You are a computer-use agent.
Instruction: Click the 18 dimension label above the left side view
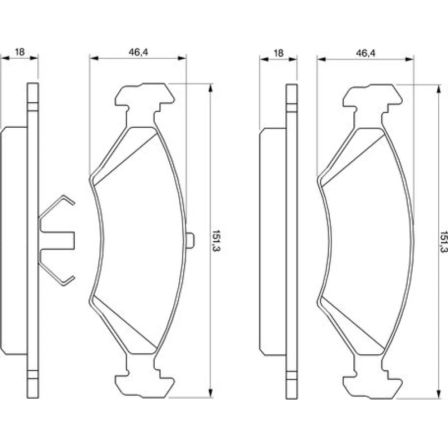(20, 52)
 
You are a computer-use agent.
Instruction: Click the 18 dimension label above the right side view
(279, 53)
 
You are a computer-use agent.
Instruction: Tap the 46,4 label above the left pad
(138, 52)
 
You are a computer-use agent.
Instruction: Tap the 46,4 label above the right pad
(366, 53)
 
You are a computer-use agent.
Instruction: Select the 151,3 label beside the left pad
(216, 240)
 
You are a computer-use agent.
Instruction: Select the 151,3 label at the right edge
(444, 242)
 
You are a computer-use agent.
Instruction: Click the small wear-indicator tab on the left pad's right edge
(190, 241)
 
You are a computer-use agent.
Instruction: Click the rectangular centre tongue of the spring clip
(57, 241)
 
